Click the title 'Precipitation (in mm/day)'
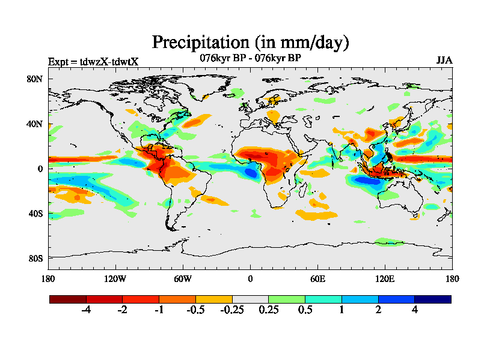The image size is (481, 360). point(250,42)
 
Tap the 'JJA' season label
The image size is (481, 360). point(444,61)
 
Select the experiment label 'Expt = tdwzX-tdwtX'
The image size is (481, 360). point(93,61)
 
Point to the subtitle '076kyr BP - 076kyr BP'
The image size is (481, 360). point(250,58)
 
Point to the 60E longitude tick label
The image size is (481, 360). point(317,278)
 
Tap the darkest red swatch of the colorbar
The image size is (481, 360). point(68,299)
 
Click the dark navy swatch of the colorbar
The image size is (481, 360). point(432,299)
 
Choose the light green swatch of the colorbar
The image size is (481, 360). point(287,299)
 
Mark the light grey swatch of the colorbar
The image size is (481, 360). point(250,299)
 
